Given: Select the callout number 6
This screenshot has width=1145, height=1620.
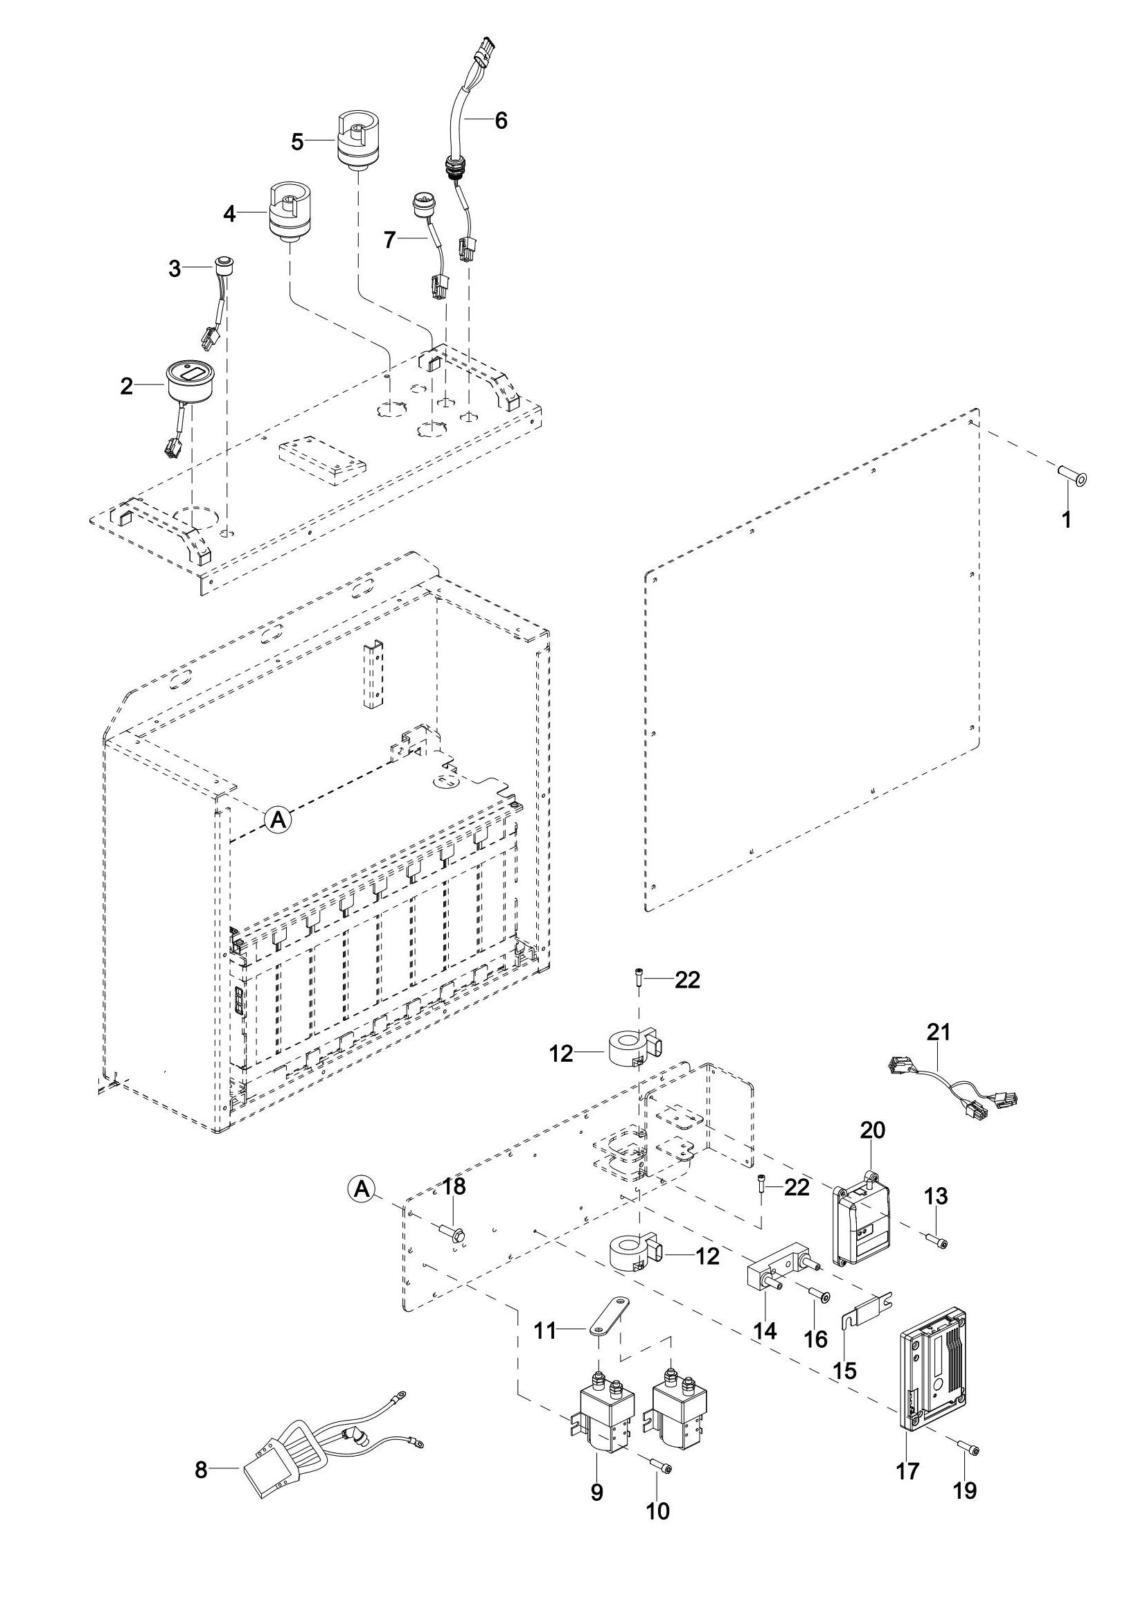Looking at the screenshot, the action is coord(501,121).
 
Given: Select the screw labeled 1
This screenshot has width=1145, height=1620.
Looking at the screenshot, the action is coord(1071,477).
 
